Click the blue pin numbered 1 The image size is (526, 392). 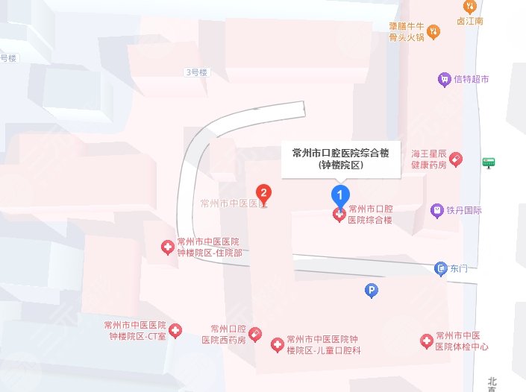(340, 195)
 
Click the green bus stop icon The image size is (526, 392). (489, 162)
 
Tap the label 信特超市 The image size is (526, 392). (471, 79)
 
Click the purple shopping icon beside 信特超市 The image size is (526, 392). (445, 79)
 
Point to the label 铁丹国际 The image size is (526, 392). (464, 210)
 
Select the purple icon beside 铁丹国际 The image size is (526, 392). (437, 210)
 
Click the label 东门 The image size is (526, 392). (459, 268)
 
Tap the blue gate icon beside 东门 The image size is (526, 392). (441, 268)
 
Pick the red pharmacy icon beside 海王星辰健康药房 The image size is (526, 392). (455, 159)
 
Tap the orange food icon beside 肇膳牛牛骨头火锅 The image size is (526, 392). (436, 31)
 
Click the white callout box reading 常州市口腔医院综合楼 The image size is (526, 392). (341, 159)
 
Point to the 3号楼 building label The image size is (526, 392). (196, 72)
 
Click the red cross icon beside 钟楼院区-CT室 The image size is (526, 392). (175, 330)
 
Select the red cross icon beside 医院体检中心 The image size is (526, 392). (426, 341)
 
